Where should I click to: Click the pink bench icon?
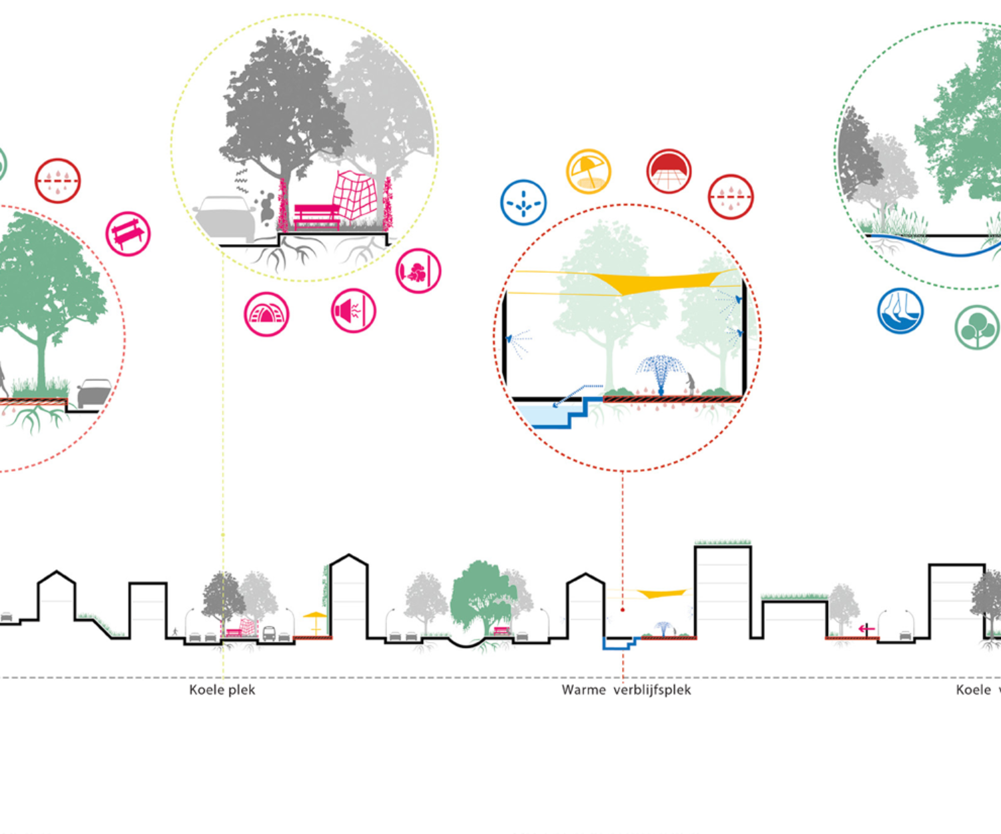(128, 234)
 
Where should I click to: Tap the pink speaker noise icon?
(353, 310)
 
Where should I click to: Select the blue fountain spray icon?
(523, 202)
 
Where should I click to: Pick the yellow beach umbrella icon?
(588, 171)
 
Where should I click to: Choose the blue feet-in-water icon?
(900, 310)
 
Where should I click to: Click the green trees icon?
(976, 327)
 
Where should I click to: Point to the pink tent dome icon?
(266, 314)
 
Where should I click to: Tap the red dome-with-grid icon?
(669, 171)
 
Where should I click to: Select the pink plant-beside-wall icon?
(418, 271)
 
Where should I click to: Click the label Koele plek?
(222, 690)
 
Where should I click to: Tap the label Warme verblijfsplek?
(626, 690)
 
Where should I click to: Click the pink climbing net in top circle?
(354, 194)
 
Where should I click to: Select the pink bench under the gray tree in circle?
(316, 216)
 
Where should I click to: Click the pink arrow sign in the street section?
(866, 629)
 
